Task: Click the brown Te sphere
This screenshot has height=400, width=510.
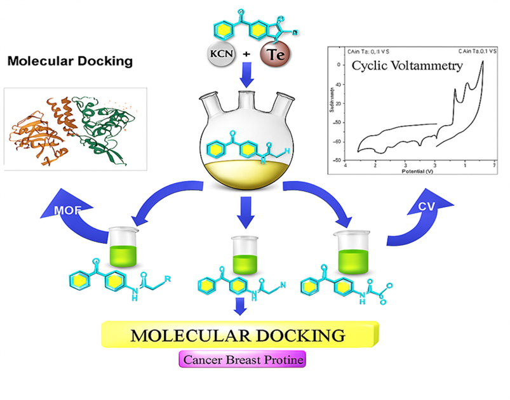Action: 274,54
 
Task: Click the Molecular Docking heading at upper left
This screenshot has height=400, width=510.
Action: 70,62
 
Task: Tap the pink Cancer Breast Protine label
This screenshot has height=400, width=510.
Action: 243,360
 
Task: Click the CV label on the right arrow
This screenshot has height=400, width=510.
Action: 426,206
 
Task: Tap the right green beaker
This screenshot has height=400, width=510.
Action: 351,252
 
